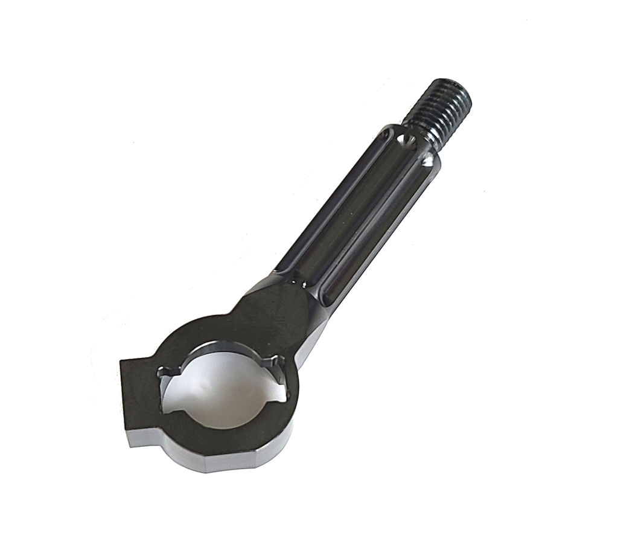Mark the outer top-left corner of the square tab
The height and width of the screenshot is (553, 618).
point(121,361)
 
